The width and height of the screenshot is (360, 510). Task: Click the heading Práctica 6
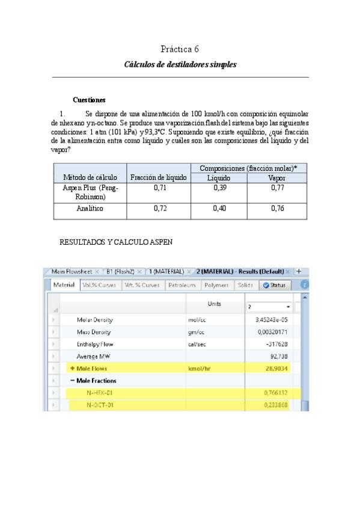coord(180,49)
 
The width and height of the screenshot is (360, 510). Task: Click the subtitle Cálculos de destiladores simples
coord(180,64)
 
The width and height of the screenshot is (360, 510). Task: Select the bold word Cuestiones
coord(89,100)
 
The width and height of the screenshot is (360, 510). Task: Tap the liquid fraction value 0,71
coord(159,188)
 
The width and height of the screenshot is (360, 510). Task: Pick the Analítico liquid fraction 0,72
coord(159,209)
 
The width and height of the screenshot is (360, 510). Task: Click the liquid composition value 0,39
coord(219,188)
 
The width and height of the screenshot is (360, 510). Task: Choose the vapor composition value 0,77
coord(277,188)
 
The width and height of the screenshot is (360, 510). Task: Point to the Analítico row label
coord(89,209)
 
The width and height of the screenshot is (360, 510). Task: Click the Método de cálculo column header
coord(89,178)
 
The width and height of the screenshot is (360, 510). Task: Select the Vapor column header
coord(277,178)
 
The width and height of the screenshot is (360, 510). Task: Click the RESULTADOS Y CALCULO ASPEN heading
coord(116,242)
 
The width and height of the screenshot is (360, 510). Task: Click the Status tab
coord(275,285)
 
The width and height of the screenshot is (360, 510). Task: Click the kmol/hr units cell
coord(201,368)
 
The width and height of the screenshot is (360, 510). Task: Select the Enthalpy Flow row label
coord(95,344)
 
